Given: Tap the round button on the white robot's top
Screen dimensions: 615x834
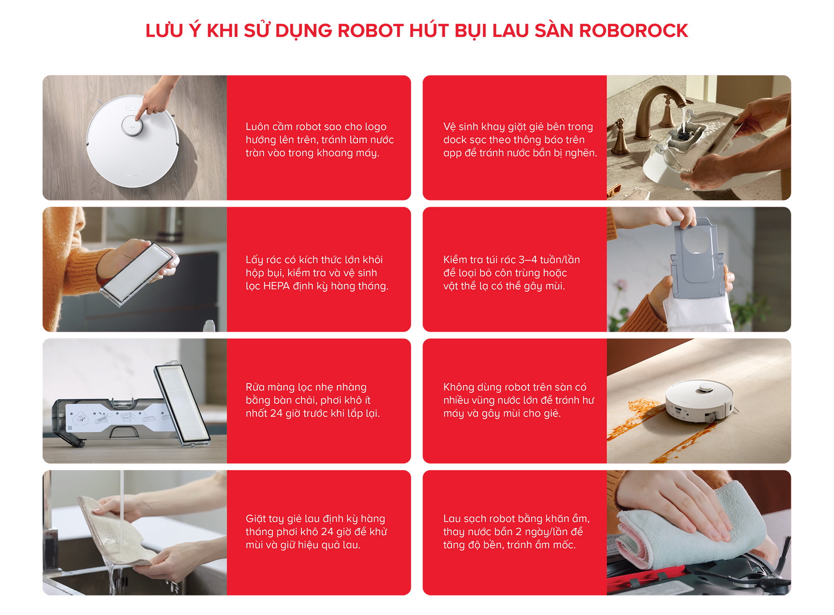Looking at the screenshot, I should (x=132, y=125).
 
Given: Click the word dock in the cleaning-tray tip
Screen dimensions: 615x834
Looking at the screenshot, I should (x=452, y=140).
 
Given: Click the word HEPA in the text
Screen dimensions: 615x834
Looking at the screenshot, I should (x=276, y=286).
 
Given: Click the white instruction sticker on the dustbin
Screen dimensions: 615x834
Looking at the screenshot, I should (x=119, y=417).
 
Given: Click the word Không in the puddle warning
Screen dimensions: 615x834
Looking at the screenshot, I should (x=459, y=387).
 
